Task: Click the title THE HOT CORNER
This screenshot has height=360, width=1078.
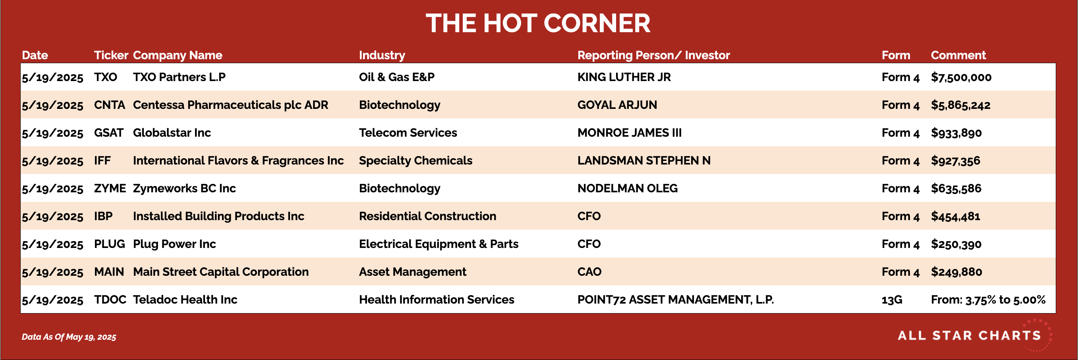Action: [538, 23]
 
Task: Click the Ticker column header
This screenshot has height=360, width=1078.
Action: [111, 55]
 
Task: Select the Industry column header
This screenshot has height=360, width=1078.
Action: [382, 55]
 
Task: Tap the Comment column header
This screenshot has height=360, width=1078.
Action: [958, 55]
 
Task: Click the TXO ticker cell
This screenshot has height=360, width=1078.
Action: [106, 77]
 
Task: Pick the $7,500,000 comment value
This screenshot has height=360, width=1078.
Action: [961, 77]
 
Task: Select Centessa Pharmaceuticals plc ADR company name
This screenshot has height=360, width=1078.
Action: [230, 105]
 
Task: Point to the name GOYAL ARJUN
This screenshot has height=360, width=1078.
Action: [617, 105]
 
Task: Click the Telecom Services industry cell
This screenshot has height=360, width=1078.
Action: [408, 133]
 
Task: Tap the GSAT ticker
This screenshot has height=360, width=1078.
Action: [108, 133]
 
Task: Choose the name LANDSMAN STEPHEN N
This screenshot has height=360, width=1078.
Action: [643, 161]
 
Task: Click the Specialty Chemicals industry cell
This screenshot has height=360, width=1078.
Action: [415, 161]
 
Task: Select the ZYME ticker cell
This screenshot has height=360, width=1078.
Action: [110, 188]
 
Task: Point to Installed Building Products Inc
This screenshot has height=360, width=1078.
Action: [218, 217]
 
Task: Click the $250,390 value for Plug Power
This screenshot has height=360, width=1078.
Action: [956, 244]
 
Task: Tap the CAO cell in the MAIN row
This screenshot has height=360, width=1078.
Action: [589, 272]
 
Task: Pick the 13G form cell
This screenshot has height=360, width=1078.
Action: [891, 300]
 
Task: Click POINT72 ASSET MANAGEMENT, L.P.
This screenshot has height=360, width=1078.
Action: [675, 300]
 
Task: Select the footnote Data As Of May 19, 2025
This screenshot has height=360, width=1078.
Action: [69, 337]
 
